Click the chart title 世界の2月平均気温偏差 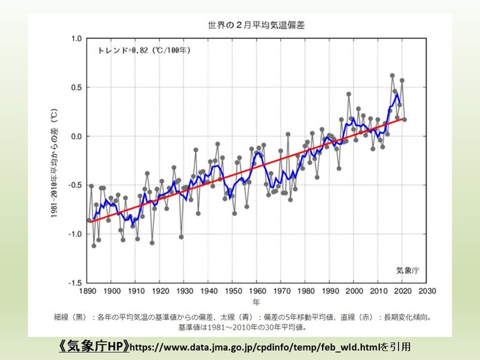pyautogui.click(x=257, y=25)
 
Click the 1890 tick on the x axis pyautogui.click(x=88, y=292)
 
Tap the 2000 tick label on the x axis pyautogui.click(x=354, y=292)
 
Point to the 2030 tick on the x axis pyautogui.click(x=427, y=292)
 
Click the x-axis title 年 pyautogui.click(x=257, y=302)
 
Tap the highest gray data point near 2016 pyautogui.click(x=392, y=76)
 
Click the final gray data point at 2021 pyautogui.click(x=404, y=119)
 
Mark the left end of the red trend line pyautogui.click(x=89, y=221)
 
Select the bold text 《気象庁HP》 pyautogui.click(x=91, y=345)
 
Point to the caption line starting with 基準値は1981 pyautogui.click(x=241, y=326)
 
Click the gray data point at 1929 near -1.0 pyautogui.click(x=181, y=237)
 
